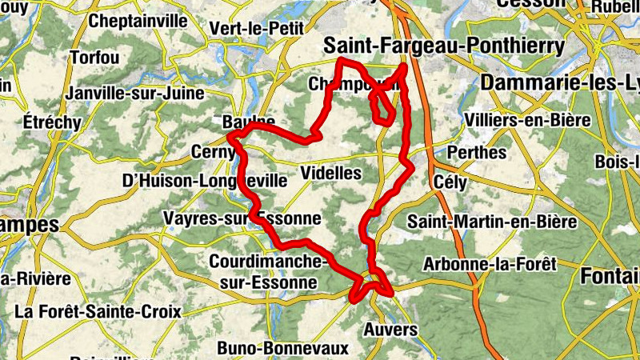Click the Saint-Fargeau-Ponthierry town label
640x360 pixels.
(443, 47)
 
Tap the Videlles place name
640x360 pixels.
(331, 173)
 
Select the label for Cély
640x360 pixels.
(449, 182)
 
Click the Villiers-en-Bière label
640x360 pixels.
(527, 120)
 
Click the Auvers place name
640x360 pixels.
(390, 330)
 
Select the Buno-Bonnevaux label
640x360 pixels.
(283, 349)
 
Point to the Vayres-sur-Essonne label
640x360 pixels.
(242, 218)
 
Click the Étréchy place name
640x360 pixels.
(52, 122)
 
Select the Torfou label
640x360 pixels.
(94, 58)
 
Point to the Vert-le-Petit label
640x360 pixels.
(255, 28)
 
